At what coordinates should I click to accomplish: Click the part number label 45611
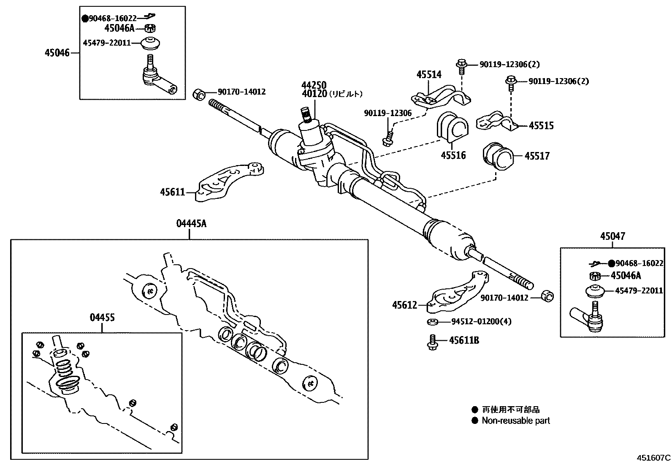coord(172,193)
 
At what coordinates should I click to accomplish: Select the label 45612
coord(404,305)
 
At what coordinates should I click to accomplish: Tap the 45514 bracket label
coord(429,75)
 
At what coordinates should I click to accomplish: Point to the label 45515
coord(541,125)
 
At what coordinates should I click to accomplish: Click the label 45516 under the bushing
coord(453,155)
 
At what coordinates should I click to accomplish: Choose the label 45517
coord(537,156)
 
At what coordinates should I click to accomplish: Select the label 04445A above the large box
coord(191,224)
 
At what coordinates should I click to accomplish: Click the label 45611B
coord(464,340)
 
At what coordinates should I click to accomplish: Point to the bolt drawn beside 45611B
coord(432,342)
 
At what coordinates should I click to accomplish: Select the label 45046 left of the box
coord(57,53)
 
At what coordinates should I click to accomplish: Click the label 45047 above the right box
coord(612,236)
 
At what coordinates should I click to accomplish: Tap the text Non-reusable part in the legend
coord(516,421)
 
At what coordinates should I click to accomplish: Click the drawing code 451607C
coord(653,457)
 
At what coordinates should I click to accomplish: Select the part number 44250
coord(314,85)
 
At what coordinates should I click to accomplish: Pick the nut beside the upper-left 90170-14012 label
coord(198,94)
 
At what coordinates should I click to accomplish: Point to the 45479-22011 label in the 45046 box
coord(107,43)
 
